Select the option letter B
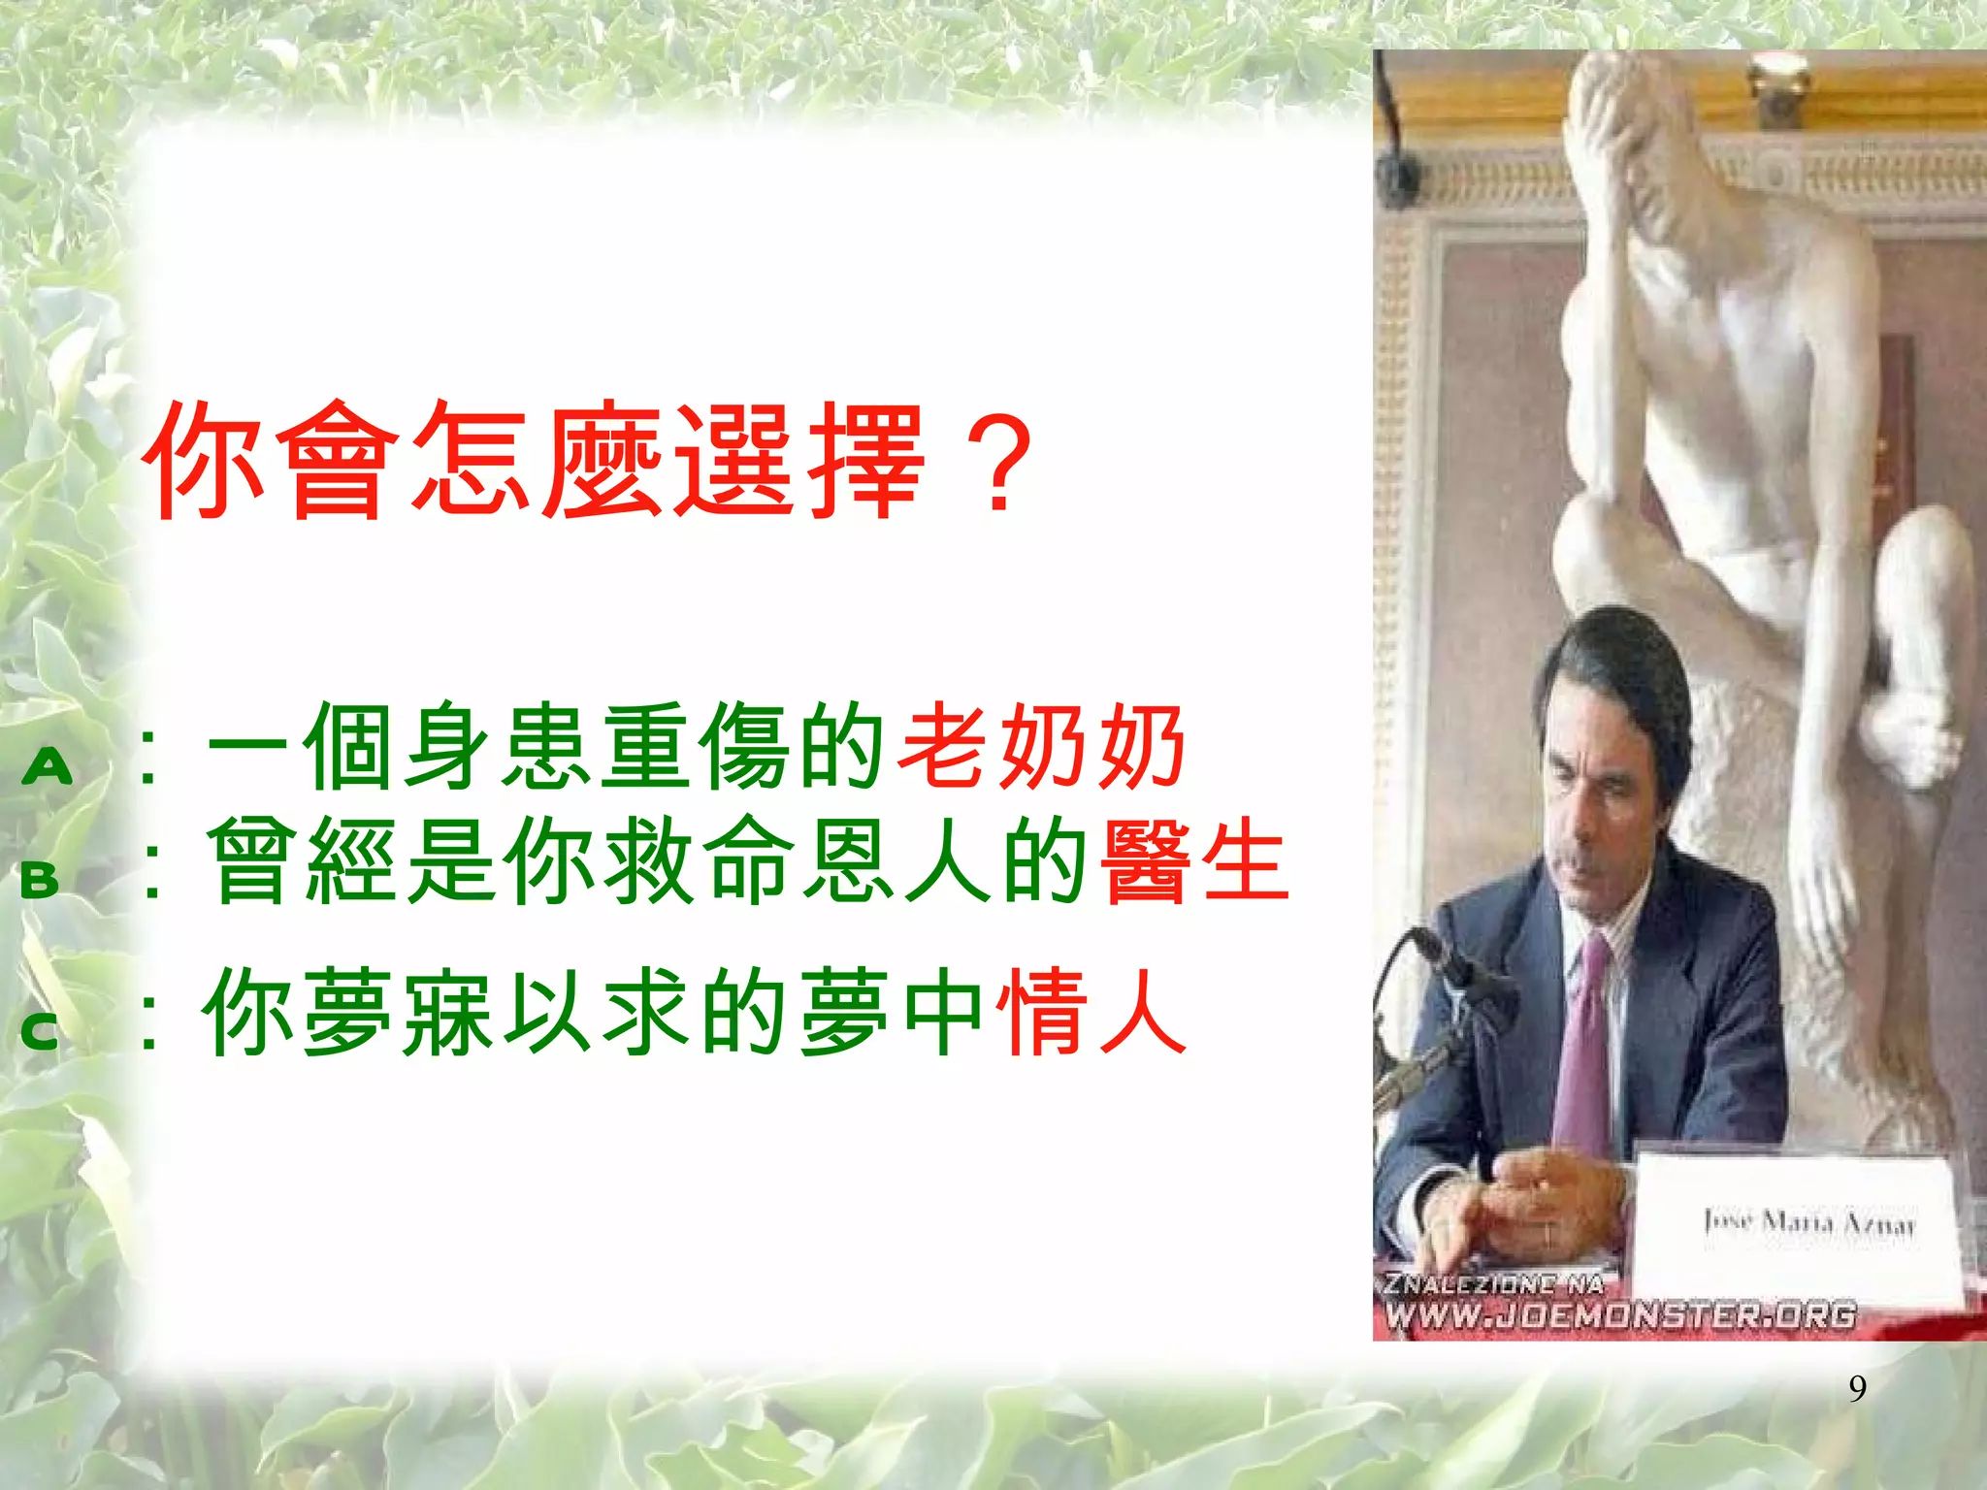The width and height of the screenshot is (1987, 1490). click(x=40, y=880)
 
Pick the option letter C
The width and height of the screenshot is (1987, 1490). click(x=40, y=1031)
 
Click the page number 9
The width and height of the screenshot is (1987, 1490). click(x=1857, y=1389)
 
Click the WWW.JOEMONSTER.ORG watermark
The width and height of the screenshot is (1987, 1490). click(x=1620, y=1315)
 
